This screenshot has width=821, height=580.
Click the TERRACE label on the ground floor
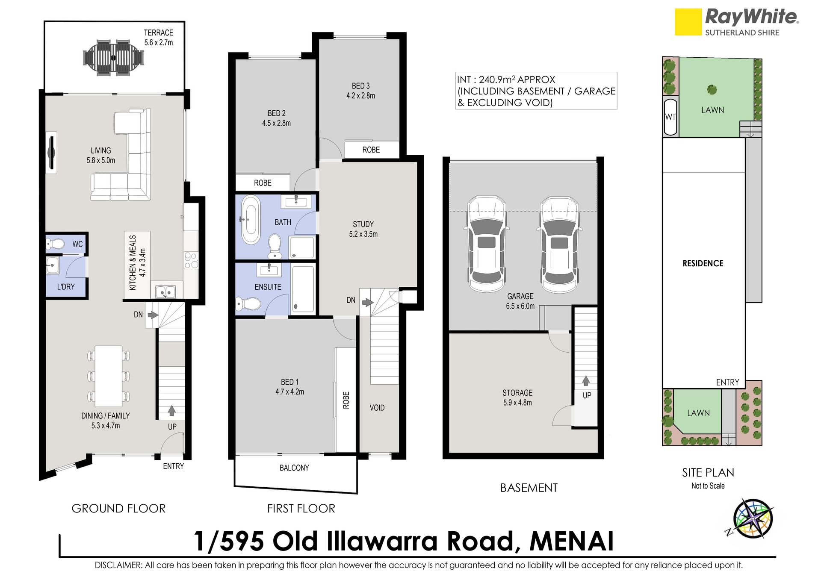tap(158, 33)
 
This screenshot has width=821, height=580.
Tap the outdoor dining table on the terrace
tap(113, 58)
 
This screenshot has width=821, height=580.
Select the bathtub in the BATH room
tap(251, 220)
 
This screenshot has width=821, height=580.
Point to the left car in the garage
tap(486, 244)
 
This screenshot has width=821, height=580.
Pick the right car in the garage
tap(559, 244)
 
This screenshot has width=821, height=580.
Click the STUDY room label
tap(363, 224)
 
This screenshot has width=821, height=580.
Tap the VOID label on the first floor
tap(377, 408)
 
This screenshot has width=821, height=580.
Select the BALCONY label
tap(294, 468)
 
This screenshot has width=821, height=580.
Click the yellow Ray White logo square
tap(688, 22)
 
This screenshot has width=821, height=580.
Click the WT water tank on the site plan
tap(670, 117)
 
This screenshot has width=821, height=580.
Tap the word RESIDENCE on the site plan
tap(703, 263)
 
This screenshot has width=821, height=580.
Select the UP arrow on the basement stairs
tap(586, 381)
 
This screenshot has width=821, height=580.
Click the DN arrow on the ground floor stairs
tap(153, 315)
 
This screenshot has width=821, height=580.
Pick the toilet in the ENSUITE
tap(248, 304)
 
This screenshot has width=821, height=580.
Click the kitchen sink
tap(165, 292)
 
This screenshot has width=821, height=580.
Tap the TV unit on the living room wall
tap(51, 153)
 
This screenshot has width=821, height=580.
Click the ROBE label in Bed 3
tap(371, 150)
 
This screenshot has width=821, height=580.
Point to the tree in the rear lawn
tap(712, 89)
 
